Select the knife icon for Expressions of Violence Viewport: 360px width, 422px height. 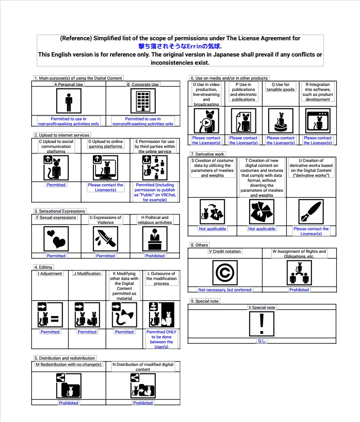tap(105, 238)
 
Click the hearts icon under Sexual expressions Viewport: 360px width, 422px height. tap(56, 238)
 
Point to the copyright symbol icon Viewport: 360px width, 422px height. tap(225, 273)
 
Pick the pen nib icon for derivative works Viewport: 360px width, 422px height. tap(311, 211)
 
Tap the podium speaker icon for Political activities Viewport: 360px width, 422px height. tap(155, 238)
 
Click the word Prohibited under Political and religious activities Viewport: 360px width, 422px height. tap(155, 256)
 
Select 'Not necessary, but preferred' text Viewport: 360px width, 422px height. tap(225, 290)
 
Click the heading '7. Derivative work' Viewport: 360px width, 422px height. tap(208, 154)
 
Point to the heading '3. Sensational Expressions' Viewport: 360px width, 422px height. tap(60, 211)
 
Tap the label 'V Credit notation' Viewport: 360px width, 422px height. tap(225, 251)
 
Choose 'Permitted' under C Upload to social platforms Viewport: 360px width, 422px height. tap(56, 185)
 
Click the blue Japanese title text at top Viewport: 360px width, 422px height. tap(180, 46)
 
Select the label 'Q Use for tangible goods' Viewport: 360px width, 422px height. tap(281, 87)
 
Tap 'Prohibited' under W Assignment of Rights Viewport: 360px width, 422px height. tap(299, 290)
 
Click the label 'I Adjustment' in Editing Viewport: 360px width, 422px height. tap(50, 274)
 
